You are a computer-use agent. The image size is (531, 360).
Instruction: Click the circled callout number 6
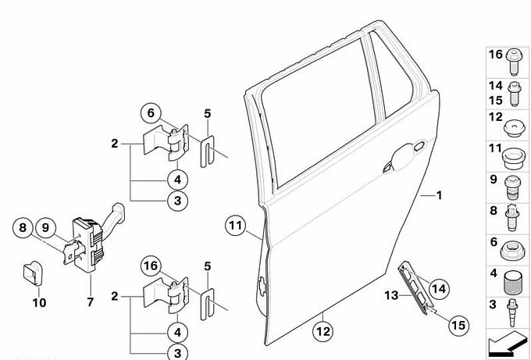(x=151, y=113)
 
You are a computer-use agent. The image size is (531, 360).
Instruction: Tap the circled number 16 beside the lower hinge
(x=151, y=266)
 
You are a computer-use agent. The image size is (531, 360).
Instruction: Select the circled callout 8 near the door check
(x=23, y=227)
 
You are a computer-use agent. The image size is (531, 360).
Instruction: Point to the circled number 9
(x=46, y=227)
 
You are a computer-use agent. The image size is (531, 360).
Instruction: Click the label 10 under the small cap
(x=39, y=302)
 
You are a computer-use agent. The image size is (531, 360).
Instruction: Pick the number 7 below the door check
(x=90, y=301)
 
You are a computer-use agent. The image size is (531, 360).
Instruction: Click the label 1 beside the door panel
(x=439, y=195)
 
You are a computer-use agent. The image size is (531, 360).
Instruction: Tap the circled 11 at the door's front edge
(x=236, y=226)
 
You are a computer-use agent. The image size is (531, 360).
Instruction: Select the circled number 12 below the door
(x=323, y=331)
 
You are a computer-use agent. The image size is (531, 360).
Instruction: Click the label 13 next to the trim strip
(x=391, y=295)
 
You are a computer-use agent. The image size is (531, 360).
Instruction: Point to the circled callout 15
(x=458, y=325)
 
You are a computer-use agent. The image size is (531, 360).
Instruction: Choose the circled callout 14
(x=439, y=289)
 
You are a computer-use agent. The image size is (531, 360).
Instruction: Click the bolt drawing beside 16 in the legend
(x=513, y=62)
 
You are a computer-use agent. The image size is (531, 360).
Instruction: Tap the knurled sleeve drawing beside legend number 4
(x=512, y=283)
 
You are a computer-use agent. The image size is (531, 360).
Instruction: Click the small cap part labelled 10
(x=33, y=273)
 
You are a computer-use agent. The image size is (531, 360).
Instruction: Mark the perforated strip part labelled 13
(x=415, y=288)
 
